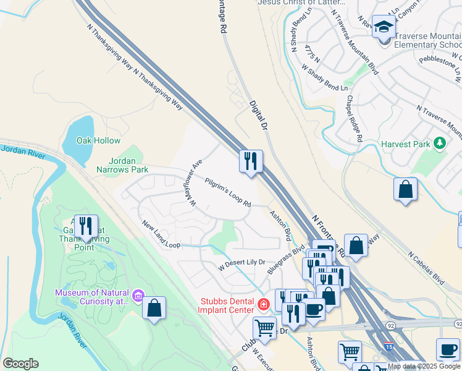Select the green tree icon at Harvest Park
click(440, 143)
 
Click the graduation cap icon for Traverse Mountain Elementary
click(384, 28)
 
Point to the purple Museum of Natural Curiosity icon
click(138, 297)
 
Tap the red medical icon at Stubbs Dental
click(264, 304)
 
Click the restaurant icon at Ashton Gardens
click(86, 226)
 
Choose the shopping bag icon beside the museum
click(154, 308)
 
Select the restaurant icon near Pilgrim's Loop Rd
click(251, 161)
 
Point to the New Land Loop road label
click(161, 235)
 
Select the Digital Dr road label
click(258, 116)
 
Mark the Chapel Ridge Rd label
click(353, 118)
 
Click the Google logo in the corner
click(21, 364)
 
